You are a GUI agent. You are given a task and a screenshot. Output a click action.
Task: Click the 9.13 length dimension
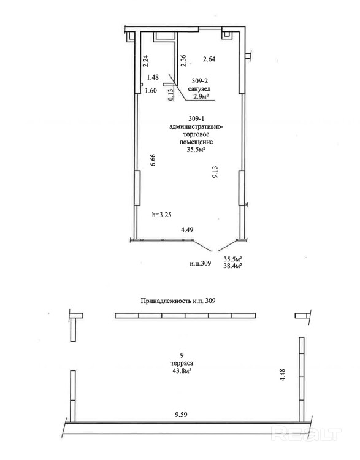pos(215,172)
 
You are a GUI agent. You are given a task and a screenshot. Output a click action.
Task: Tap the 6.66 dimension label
pos(153,160)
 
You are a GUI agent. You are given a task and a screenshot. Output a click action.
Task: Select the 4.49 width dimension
pos(187,230)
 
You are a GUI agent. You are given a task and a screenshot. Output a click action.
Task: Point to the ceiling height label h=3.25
pos(162,215)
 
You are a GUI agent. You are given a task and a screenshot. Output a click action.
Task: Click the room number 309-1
pos(196,119)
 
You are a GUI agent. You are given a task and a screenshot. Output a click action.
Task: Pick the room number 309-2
pos(199,81)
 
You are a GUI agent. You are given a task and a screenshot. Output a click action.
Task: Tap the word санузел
pos(199,88)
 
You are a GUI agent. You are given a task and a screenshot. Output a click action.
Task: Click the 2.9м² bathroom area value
pos(200,96)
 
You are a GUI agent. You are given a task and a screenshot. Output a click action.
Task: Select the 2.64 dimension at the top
pos(209,59)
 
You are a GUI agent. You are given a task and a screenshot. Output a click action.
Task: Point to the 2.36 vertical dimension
pos(183,61)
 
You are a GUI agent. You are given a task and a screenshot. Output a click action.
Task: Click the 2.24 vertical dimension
pos(145,61)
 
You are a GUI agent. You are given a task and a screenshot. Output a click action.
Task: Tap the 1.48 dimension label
pos(153,77)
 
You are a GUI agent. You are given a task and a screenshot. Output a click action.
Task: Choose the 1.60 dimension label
pos(151,91)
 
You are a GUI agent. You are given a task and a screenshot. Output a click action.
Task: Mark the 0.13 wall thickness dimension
pos(171,94)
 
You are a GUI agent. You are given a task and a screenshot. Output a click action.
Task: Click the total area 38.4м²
pos(232,266)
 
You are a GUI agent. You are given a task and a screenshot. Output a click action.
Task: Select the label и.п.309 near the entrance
pos(201,263)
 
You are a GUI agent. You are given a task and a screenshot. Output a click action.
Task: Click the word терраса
pos(182,363)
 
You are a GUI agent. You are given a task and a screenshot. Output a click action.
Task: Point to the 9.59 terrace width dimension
pos(181,415)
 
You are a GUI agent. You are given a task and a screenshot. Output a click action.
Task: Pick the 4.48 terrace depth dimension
pos(283,375)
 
